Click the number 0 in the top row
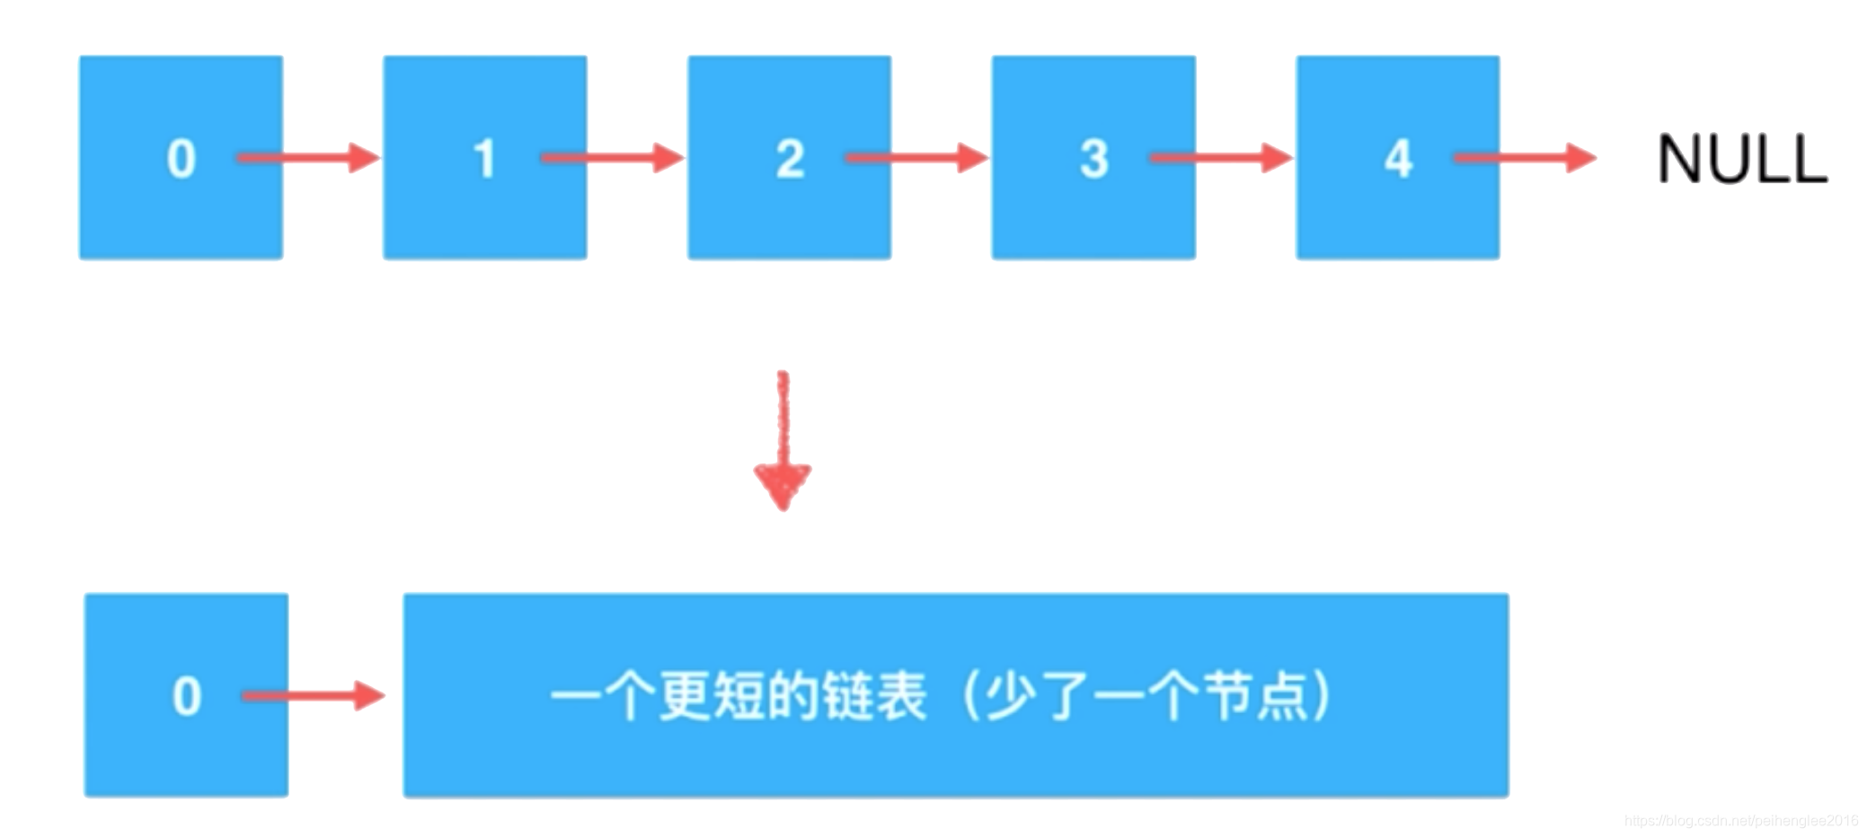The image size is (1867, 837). pos(181,159)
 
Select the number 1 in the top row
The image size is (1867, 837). pos(484,159)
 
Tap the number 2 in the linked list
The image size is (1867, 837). pos(790,159)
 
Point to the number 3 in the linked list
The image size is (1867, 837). pos(1093,159)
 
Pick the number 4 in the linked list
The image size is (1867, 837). pos(1398,159)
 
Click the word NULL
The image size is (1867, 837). pos(1741,160)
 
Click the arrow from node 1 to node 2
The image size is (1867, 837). pos(612,158)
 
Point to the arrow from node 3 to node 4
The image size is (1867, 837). pos(1220,158)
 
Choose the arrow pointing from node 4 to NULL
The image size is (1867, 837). pos(1524,158)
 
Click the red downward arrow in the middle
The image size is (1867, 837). pos(783,440)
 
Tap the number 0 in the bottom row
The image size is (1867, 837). pos(186,696)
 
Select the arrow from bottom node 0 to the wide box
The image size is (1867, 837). pos(313,696)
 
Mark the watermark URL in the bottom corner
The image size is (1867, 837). pos(1740,821)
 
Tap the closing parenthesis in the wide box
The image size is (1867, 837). pos(1320,696)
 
